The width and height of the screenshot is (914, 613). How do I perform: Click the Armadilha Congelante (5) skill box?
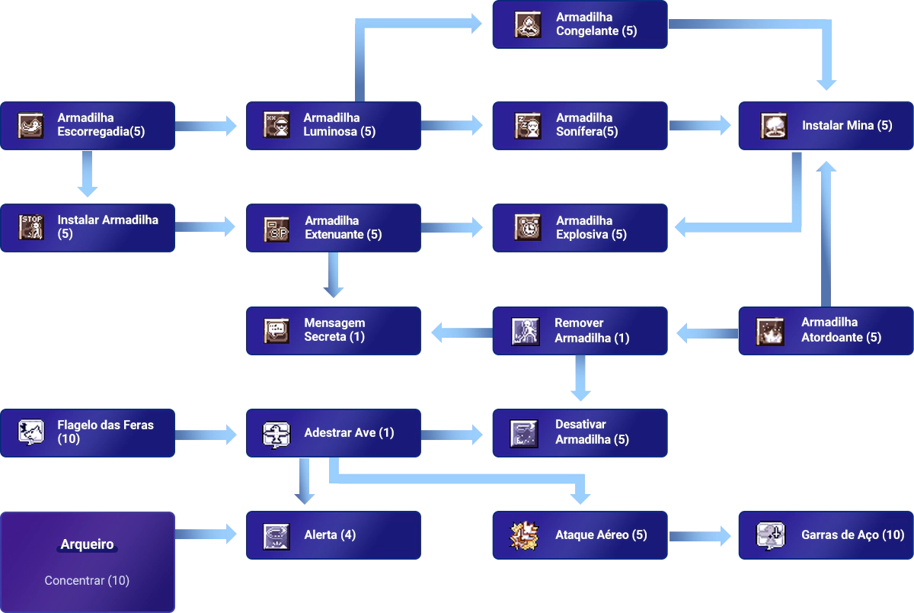(x=578, y=24)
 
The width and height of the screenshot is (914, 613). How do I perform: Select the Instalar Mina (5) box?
(x=826, y=125)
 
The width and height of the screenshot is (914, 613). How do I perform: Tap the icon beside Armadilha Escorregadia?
(x=31, y=125)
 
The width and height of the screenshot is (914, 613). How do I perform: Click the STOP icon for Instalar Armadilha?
(x=31, y=227)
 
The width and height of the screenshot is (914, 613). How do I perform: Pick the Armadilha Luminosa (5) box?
(x=332, y=125)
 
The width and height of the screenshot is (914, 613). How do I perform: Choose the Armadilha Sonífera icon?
(x=527, y=125)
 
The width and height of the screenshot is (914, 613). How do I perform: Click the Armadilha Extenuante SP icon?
(x=276, y=228)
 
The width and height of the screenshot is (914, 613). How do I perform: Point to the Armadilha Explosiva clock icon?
(x=527, y=228)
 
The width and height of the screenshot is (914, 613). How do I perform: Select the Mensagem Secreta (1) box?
(x=332, y=330)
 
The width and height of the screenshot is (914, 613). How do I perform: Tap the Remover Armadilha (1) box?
(x=578, y=331)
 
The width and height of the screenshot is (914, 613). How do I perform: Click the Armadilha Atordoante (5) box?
(x=826, y=331)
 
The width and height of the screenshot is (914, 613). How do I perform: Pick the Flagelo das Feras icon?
(x=31, y=432)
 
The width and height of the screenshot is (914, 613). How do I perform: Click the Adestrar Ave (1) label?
(x=349, y=432)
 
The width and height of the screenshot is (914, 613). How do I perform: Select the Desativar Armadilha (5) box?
(x=578, y=432)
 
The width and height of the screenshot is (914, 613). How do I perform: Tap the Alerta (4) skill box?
(x=332, y=535)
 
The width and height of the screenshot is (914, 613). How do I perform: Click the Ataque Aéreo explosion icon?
(x=524, y=535)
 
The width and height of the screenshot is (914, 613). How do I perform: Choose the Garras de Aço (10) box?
(x=826, y=535)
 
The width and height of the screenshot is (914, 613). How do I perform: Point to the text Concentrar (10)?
(x=87, y=580)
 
